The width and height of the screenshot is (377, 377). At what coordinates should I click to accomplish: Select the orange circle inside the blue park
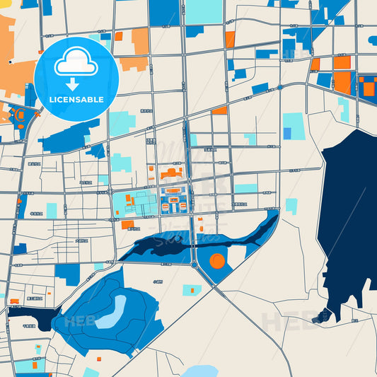[217, 261]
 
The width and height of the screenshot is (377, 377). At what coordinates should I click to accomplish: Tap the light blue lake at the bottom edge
[200, 371]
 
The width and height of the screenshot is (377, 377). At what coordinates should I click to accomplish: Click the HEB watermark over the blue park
[79, 321]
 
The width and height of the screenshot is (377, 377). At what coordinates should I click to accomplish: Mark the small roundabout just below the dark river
[194, 265]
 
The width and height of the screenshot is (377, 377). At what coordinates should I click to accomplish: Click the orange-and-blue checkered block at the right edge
[367, 86]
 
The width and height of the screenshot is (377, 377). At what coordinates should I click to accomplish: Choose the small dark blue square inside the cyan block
[287, 133]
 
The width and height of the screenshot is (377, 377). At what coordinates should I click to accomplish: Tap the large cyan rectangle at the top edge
[204, 11]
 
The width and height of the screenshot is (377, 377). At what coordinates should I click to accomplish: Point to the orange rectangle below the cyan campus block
[127, 225]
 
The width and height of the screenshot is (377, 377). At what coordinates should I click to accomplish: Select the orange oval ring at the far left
[21, 115]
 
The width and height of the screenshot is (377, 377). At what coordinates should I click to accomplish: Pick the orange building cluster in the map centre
[170, 173]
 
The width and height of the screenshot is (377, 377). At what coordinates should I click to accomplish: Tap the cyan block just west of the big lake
[291, 205]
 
